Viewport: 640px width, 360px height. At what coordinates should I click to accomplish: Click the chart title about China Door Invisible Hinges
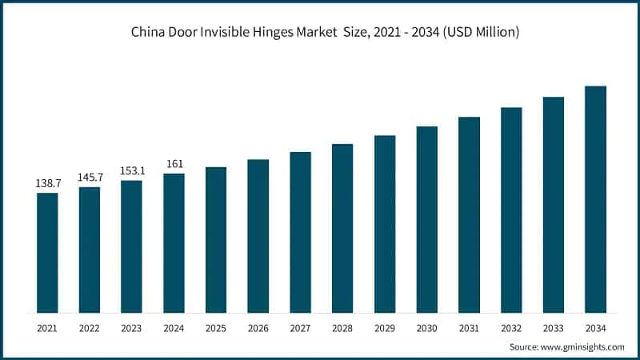point(319,32)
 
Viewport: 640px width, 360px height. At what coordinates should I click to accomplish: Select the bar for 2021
point(47,252)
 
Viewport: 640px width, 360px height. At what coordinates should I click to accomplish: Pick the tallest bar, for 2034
point(595,199)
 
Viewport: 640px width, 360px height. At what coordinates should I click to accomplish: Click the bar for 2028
point(342,228)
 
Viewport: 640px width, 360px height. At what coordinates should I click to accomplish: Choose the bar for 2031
point(469,214)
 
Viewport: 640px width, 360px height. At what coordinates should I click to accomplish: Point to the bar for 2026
point(258,236)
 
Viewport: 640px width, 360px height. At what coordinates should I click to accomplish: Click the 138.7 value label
point(47,183)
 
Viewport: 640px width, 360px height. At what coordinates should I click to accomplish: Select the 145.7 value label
point(90,177)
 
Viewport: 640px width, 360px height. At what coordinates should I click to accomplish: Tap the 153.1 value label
point(131,170)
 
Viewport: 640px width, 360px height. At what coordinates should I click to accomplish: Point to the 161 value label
point(174,164)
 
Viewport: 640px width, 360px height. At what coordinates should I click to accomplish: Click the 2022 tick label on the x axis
point(90,328)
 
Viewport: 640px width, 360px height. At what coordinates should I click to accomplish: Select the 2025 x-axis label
point(216,328)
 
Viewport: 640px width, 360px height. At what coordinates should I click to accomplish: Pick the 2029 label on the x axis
point(385,328)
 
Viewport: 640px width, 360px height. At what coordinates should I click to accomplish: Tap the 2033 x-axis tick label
point(553,328)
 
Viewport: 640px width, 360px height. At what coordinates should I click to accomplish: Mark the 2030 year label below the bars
point(426,328)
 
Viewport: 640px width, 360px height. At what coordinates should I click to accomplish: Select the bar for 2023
point(131,246)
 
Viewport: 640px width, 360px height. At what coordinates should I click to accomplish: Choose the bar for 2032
point(511,210)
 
